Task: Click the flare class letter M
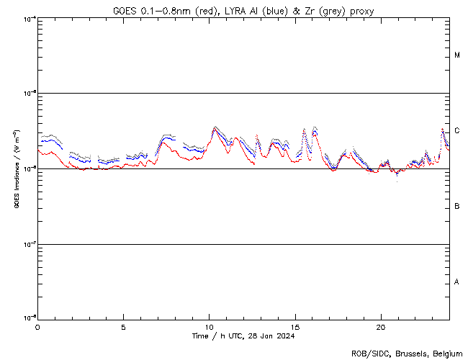457,55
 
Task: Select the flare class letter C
457,131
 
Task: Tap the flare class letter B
457,207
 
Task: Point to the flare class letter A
457,282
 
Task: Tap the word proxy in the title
360,11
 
